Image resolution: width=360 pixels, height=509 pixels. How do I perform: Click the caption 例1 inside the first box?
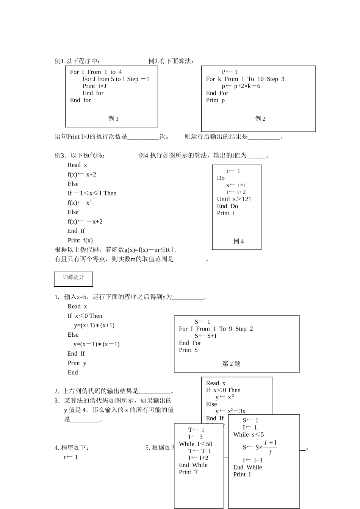pyautogui.click(x=113, y=119)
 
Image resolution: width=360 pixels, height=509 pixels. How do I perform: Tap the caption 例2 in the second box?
pyautogui.click(x=260, y=119)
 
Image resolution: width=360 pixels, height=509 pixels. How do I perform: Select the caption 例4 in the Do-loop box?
pyautogui.click(x=238, y=241)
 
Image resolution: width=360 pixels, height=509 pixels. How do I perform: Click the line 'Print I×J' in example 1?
pyautogui.click(x=94, y=86)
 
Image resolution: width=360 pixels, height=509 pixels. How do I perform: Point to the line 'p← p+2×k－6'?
pyautogui.click(x=241, y=86)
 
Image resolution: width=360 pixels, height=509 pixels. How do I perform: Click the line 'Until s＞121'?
pyautogui.click(x=234, y=199)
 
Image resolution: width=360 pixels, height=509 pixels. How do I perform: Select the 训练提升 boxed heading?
pyautogui.click(x=74, y=278)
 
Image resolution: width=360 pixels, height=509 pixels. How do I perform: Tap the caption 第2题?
pyautogui.click(x=231, y=364)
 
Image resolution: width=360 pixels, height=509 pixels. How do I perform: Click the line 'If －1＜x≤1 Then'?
pyautogui.click(x=92, y=193)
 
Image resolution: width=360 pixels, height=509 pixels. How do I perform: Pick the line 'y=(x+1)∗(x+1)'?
pyautogui.click(x=94, y=325)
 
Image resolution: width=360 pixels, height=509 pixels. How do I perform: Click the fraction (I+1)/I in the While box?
pyautogui.click(x=270, y=447)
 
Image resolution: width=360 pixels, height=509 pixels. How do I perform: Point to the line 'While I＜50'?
pyautogui.click(x=196, y=444)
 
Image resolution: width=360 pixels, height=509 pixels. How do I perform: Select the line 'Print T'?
pyautogui.click(x=188, y=472)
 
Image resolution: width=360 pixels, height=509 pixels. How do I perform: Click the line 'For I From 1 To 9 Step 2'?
pyautogui.click(x=216, y=329)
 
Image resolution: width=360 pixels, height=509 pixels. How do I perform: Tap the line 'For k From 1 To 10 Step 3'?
pyautogui.click(x=245, y=79)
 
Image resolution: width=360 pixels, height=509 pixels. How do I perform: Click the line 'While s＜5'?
pyautogui.click(x=249, y=434)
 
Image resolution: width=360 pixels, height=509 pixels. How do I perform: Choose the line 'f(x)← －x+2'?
pyautogui.click(x=85, y=222)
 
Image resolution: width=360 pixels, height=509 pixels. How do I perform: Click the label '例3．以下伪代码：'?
pyautogui.click(x=80, y=155)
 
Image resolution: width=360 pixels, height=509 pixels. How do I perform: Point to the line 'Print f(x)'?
pyautogui.click(x=80, y=240)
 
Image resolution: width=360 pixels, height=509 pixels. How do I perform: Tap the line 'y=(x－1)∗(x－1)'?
pyautogui.click(x=96, y=344)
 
